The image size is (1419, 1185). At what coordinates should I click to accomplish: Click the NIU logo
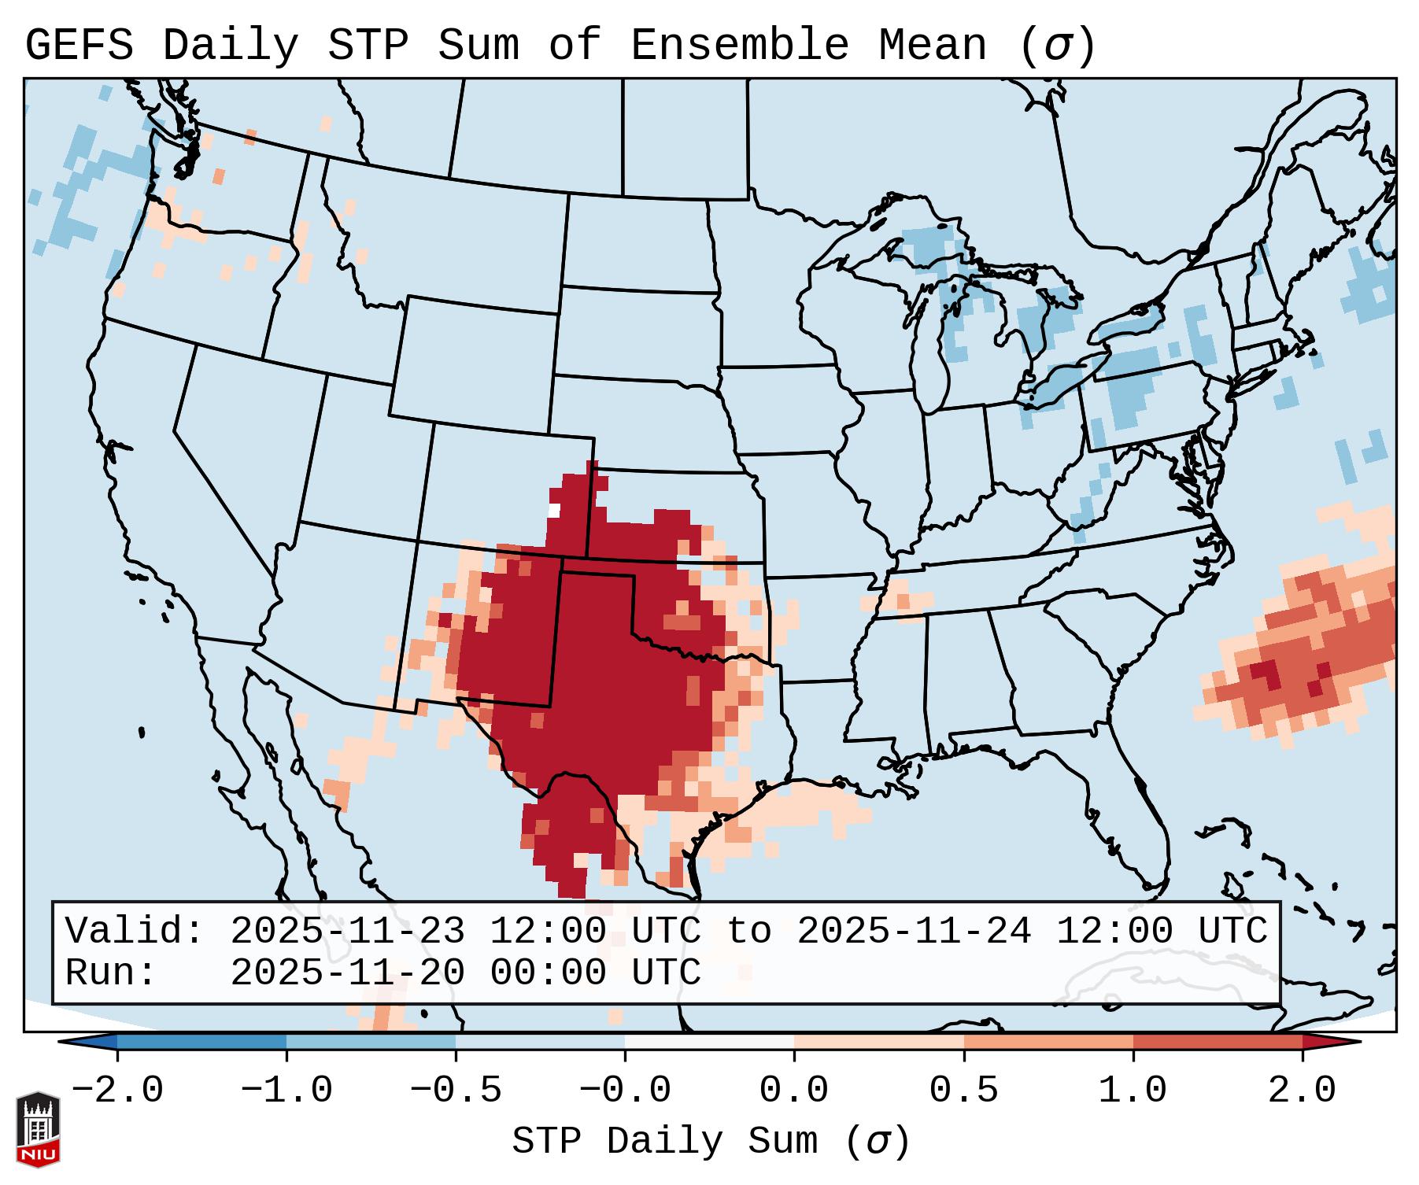[x=38, y=1128]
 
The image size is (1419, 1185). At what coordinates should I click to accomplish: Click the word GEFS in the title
[x=79, y=46]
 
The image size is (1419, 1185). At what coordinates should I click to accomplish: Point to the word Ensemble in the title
[x=739, y=46]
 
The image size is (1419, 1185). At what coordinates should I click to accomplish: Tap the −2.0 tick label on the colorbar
[x=117, y=1091]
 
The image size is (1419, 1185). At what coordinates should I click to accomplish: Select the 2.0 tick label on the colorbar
[x=1302, y=1091]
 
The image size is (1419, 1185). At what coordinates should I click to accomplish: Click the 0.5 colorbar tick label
[x=963, y=1091]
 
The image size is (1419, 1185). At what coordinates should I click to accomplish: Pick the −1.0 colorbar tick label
[x=286, y=1091]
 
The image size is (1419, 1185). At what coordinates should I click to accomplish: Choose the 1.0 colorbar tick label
[x=1133, y=1091]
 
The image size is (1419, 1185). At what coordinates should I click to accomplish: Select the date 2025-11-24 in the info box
[x=914, y=931]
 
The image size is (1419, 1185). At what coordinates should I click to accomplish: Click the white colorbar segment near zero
[x=709, y=1042]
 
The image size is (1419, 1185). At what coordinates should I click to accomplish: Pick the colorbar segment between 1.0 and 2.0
[x=1218, y=1042]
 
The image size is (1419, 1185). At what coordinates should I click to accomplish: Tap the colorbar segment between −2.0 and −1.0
[x=201, y=1042]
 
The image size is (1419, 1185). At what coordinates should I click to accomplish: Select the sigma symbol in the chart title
[x=1057, y=46]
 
